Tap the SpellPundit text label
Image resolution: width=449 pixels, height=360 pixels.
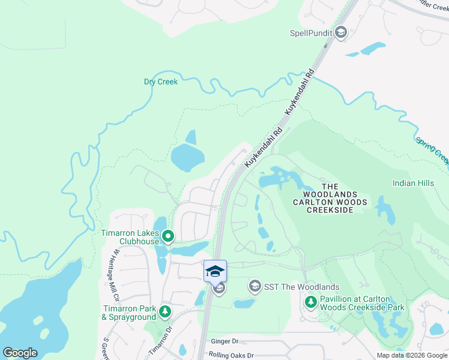tap(311, 32)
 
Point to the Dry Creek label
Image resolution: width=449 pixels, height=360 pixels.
tap(161, 82)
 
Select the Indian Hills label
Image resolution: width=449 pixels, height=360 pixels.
tap(412, 182)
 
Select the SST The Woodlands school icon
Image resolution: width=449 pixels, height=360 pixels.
tap(255, 287)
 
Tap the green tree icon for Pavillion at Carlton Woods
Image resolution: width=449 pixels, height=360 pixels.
tap(311, 302)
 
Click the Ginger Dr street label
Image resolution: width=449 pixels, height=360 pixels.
tap(225, 341)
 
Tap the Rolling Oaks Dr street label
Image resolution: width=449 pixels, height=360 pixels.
tap(231, 355)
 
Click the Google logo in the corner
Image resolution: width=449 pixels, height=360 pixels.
tap(20, 353)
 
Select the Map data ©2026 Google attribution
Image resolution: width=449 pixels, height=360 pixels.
tap(411, 355)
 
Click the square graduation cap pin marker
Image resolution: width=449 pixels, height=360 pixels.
tap(215, 271)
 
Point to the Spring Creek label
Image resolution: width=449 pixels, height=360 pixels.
tap(432, 149)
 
